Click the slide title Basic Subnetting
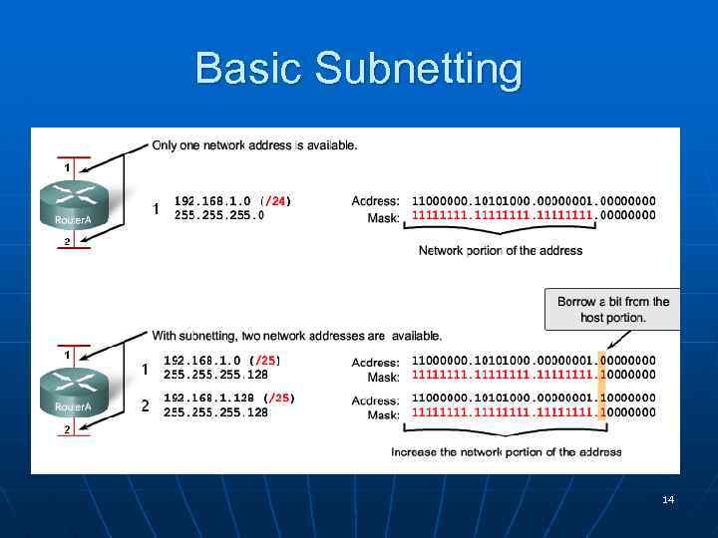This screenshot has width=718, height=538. click(x=358, y=69)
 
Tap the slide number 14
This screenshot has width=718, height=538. click(x=668, y=499)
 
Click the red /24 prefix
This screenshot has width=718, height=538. click(x=274, y=201)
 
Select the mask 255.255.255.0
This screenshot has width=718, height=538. click(x=218, y=215)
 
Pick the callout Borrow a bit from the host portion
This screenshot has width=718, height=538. click(x=612, y=309)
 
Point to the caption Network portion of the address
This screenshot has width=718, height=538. click(x=500, y=251)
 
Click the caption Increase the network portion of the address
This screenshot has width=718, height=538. click(x=506, y=452)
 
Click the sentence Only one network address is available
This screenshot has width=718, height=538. click(x=254, y=145)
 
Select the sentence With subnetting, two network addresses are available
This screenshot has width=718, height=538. click(x=296, y=336)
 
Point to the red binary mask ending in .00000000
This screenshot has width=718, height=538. click(x=534, y=215)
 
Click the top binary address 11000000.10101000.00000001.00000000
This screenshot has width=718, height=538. click(x=534, y=201)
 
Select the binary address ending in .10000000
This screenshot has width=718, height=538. click(x=534, y=399)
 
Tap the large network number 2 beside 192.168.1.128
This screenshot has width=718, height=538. click(x=145, y=406)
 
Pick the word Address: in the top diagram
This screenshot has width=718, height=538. click(x=376, y=201)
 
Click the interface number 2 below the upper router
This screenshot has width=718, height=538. click(x=67, y=241)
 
